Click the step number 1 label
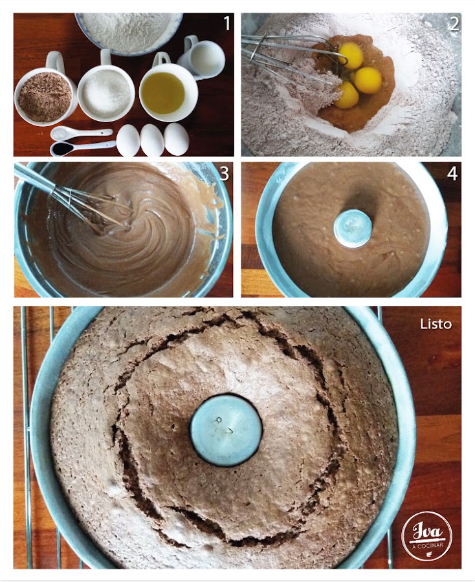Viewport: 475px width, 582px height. tap(226, 23)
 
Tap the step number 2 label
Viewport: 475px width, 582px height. tap(454, 24)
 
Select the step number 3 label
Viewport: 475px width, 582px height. tap(225, 173)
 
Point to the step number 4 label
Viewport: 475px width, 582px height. tap(452, 173)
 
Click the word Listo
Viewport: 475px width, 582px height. tap(436, 324)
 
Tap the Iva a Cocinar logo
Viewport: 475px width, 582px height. tap(427, 535)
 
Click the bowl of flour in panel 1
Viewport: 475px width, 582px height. tap(129, 33)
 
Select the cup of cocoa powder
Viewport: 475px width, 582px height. tap(45, 91)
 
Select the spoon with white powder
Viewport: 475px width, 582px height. tap(81, 133)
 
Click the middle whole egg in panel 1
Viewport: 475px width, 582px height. tap(152, 140)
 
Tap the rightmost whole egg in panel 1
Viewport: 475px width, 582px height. tap(177, 139)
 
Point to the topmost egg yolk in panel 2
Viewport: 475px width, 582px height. tap(350, 56)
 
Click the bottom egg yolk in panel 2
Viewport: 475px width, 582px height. tap(346, 96)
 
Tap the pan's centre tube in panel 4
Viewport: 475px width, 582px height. tap(353, 228)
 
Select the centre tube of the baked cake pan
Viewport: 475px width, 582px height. tap(226, 430)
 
